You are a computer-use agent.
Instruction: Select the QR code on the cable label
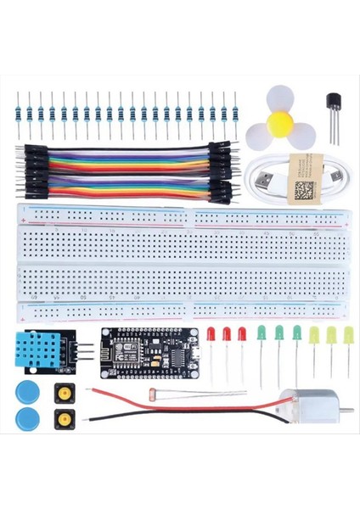[303, 189]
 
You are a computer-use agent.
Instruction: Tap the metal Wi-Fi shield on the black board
[114, 348]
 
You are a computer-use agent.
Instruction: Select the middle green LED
[279, 333]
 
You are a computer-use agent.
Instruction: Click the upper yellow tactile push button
[63, 392]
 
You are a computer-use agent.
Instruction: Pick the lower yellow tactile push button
[63, 419]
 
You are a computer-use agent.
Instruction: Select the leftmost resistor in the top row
[18, 110]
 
